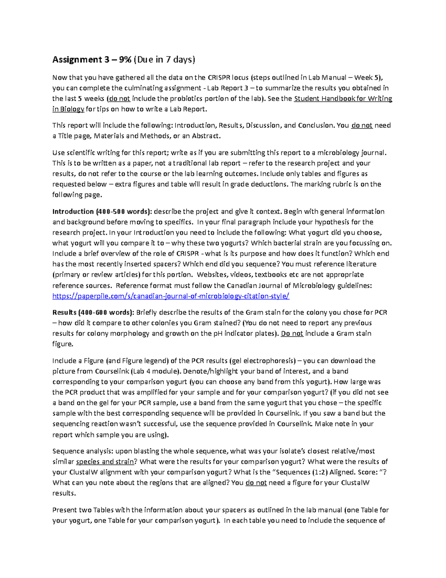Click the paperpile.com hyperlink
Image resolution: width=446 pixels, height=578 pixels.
pos(171,296)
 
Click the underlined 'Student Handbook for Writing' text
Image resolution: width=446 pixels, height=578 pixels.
pos(343,99)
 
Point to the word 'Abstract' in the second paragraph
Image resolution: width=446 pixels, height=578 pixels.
pos(206,136)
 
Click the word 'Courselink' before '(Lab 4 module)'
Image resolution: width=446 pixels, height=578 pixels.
pos(112,371)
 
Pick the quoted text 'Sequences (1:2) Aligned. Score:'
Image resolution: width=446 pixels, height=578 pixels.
pos(320,472)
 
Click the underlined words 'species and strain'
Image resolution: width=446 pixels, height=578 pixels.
pos(105,462)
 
